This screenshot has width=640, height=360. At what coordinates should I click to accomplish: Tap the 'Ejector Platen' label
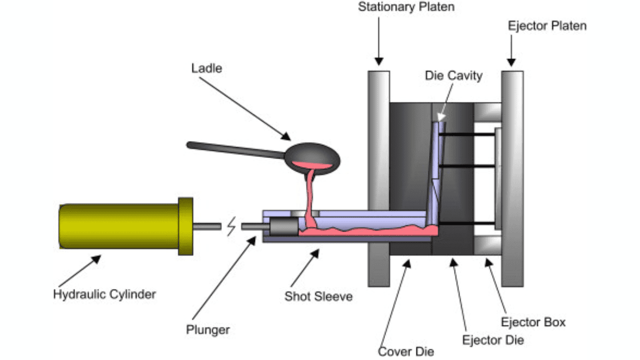(547, 25)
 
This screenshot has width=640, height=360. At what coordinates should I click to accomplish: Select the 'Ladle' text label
(206, 67)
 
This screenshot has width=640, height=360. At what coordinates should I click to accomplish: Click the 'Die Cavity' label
(453, 75)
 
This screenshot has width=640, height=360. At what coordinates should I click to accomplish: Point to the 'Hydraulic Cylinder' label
(104, 293)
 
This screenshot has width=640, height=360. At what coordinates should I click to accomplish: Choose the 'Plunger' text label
(207, 330)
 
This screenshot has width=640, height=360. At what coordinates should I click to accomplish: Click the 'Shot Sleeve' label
(318, 296)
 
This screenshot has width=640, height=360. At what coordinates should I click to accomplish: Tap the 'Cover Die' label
(406, 351)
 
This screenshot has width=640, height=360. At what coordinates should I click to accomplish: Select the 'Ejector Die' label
(493, 340)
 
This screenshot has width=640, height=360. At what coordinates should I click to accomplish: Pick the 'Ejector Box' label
(533, 322)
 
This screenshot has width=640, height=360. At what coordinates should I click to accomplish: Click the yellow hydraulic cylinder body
(120, 226)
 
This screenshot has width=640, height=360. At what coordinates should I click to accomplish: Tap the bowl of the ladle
(312, 157)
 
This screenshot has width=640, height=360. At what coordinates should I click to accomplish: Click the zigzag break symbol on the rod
(231, 227)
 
